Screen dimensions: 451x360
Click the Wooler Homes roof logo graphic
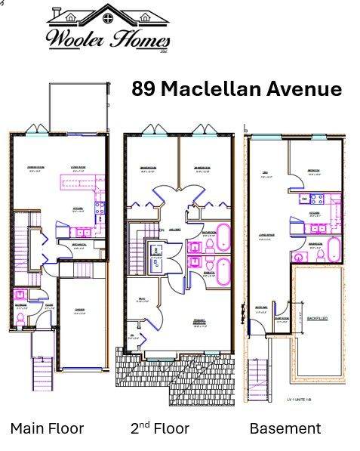pyautogui.click(x=108, y=16)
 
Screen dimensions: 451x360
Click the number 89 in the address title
pyautogui.click(x=145, y=89)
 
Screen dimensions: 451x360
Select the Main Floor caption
pyautogui.click(x=47, y=428)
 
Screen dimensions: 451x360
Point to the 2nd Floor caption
pyautogui.click(x=159, y=428)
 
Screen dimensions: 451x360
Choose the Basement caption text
pyautogui.click(x=285, y=428)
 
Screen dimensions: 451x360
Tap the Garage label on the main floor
pyautogui.click(x=79, y=310)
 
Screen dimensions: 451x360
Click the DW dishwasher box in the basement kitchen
pyautogui.click(x=304, y=199)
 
